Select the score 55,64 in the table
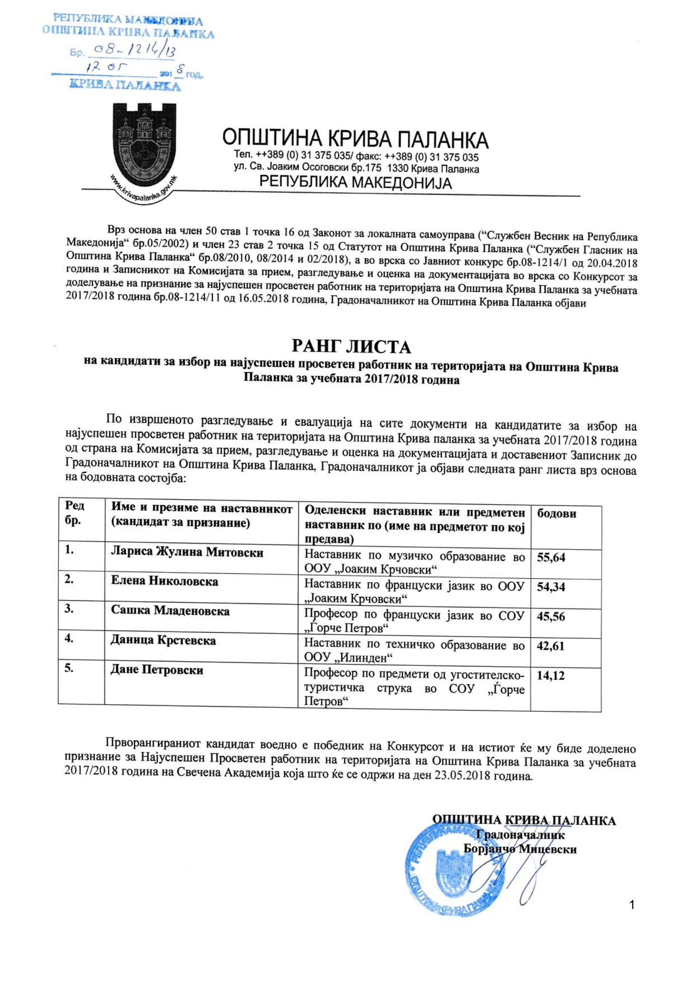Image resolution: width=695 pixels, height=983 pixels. click(551, 557)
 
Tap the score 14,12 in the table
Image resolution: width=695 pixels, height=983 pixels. click(550, 676)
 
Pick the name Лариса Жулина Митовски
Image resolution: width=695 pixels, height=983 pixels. click(187, 552)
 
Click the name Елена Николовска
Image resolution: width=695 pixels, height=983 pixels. click(164, 581)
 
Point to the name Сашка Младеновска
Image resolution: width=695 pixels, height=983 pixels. click(170, 610)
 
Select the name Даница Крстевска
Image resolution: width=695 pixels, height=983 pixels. click(163, 641)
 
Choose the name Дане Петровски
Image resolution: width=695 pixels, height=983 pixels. click(157, 670)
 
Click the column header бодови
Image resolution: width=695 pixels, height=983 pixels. click(556, 513)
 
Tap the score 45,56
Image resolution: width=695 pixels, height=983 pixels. click(551, 617)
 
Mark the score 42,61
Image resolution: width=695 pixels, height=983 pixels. click(550, 646)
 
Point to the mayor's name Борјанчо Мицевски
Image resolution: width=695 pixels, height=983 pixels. click(520, 849)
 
